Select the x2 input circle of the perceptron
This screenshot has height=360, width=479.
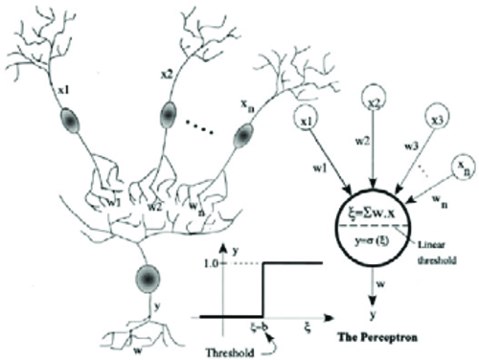(x=376, y=101)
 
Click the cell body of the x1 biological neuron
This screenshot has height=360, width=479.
(x=70, y=122)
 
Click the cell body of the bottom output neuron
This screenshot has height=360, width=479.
(x=147, y=279)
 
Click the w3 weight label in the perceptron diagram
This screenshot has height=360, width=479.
(x=411, y=148)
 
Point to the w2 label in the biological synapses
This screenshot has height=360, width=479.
(x=150, y=205)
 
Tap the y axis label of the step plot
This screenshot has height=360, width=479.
(x=235, y=248)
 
